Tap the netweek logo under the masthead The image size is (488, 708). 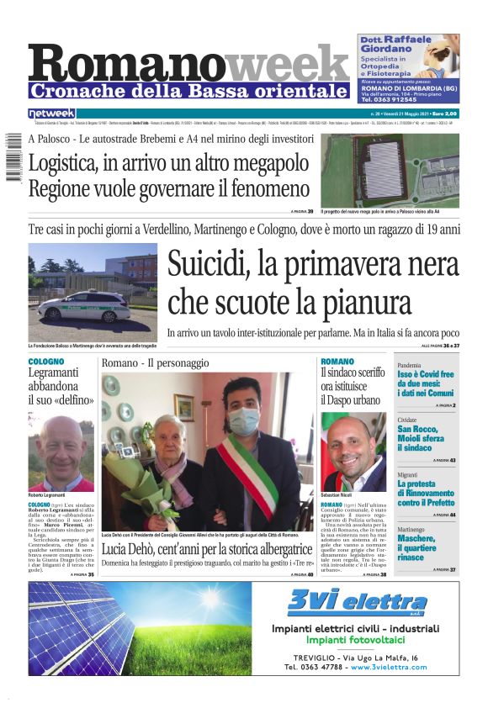51,113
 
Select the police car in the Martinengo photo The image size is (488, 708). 84,305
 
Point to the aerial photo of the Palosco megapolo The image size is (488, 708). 390,169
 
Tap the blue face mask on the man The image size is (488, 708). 245,420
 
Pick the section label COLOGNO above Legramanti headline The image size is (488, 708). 45,362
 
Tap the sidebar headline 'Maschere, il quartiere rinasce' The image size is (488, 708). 416,547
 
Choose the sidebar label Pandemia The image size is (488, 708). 409,366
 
